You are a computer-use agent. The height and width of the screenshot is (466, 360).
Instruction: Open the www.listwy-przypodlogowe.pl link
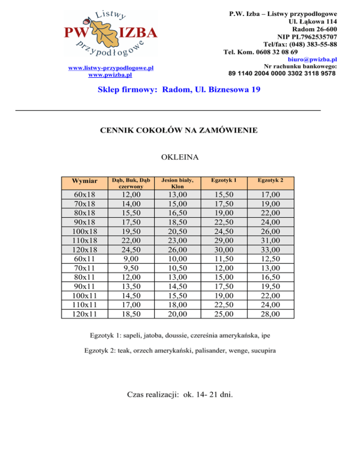[x=111, y=68]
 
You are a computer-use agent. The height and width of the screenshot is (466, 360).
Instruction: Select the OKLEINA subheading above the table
[x=180, y=158]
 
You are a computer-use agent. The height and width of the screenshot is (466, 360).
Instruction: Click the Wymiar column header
[x=85, y=181]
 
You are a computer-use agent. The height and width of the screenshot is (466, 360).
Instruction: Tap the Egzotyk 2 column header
[x=270, y=180]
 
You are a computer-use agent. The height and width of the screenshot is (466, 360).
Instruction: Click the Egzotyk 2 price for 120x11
[x=270, y=314]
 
